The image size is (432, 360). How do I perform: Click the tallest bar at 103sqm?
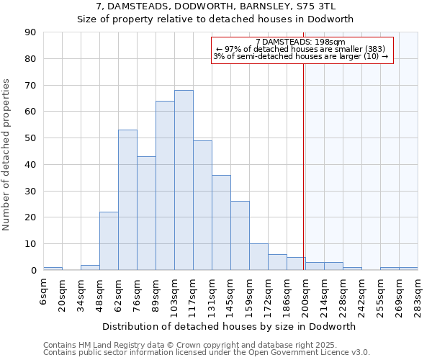[184, 180]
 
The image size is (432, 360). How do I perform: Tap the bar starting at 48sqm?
[109, 241]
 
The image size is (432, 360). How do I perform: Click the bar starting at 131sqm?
[221, 222]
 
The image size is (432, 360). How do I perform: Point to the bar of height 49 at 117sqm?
[202, 205]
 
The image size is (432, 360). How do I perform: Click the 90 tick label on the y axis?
[31, 32]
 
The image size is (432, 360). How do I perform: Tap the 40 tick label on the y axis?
[31, 165]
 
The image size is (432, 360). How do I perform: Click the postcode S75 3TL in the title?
[329, 6]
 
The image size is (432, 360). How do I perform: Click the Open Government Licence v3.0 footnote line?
[207, 353]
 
